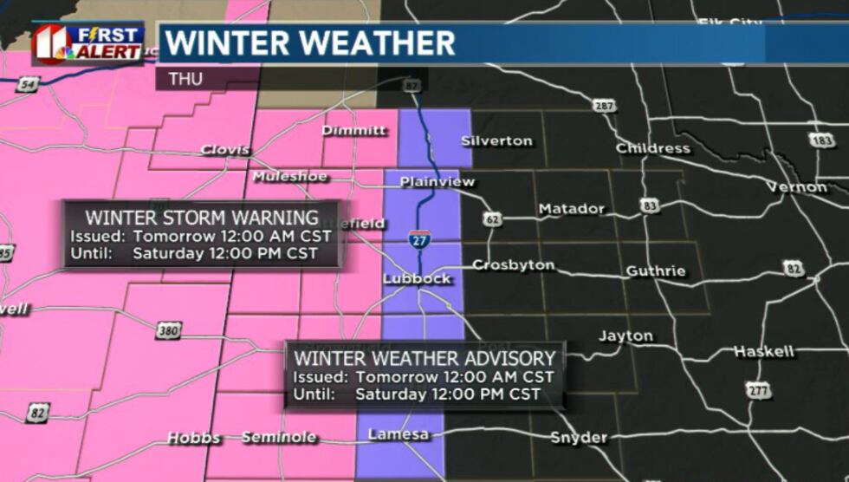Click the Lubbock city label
tap(417, 278)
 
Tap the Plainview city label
tap(437, 182)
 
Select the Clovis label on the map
tap(224, 150)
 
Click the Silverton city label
tap(496, 140)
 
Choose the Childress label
tap(652, 148)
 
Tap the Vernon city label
tap(796, 187)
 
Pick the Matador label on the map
tap(571, 209)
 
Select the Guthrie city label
tap(656, 271)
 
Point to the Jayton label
tap(625, 335)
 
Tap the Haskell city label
tap(763, 351)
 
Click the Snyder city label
tap(578, 438)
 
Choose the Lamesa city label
tap(399, 434)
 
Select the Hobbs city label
tap(193, 438)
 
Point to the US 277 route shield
tap(759, 391)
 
